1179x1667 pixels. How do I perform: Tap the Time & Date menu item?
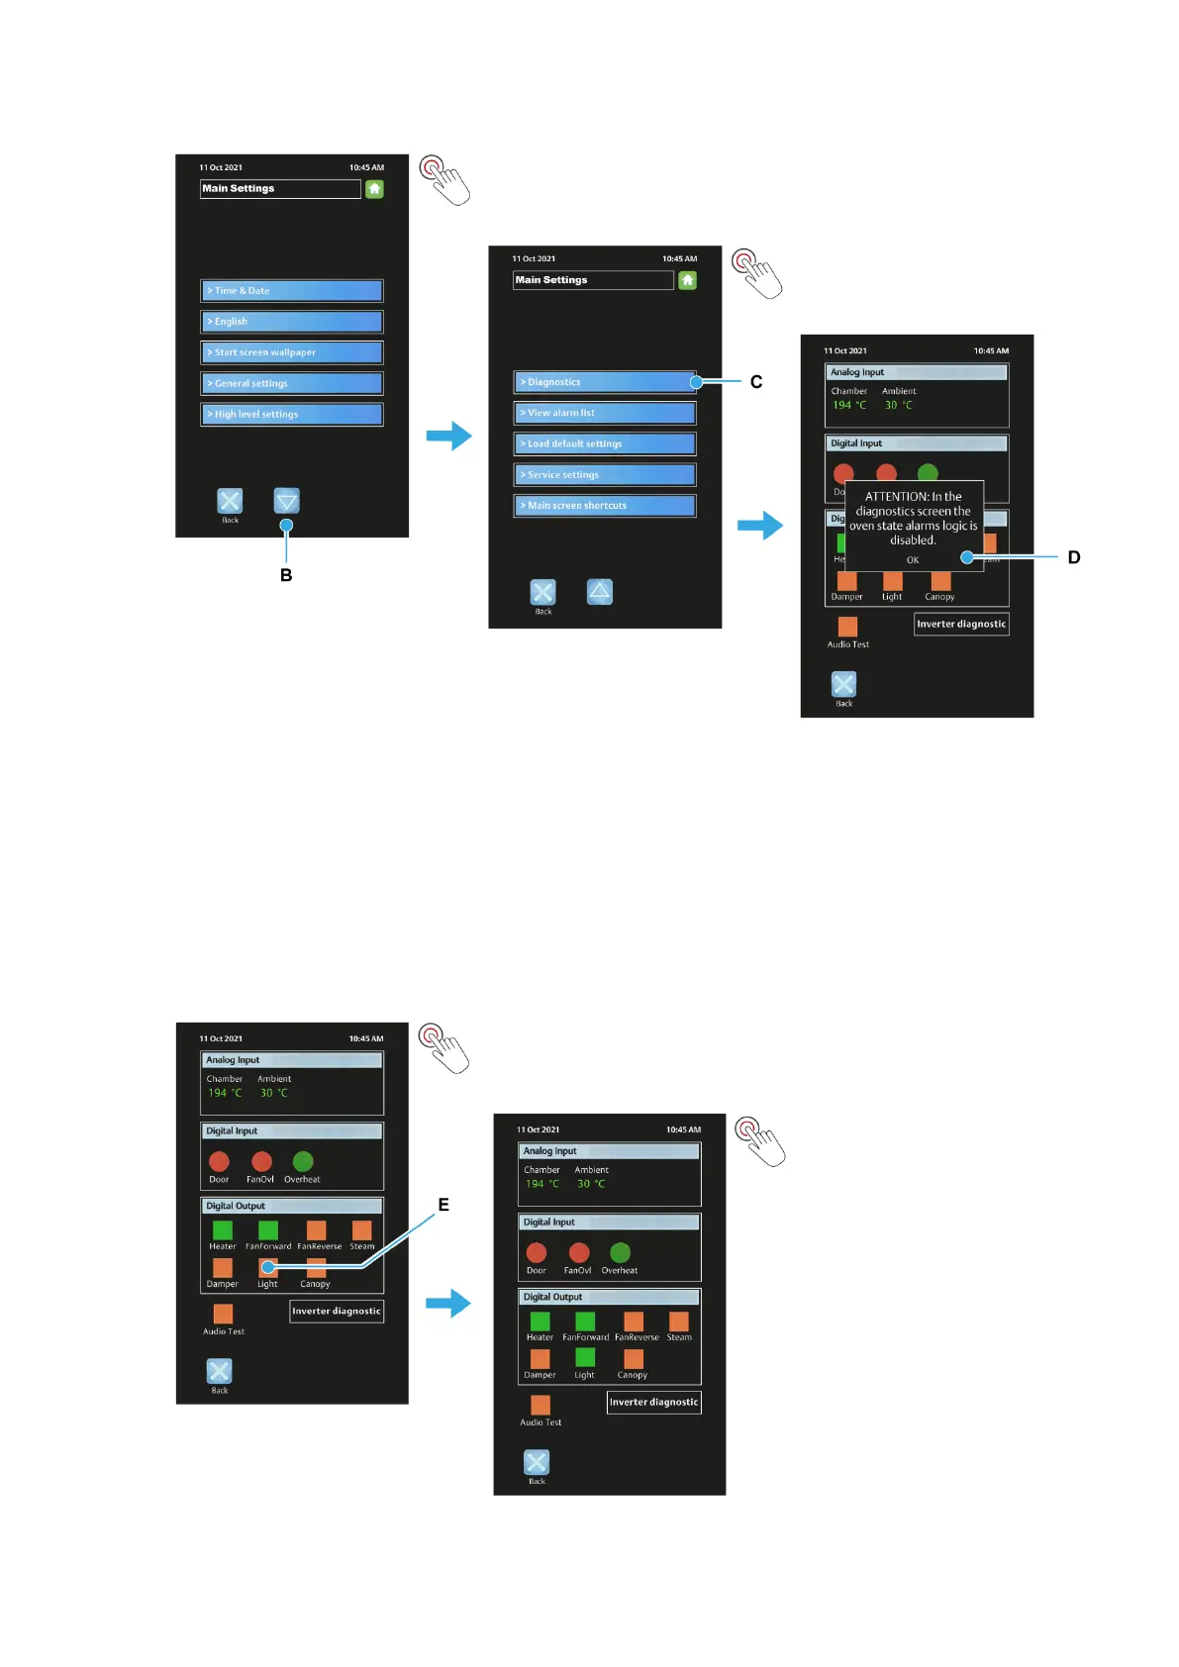pyautogui.click(x=291, y=290)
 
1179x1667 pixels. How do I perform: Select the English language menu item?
pyautogui.click(x=291, y=322)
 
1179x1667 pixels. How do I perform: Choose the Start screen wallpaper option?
pyautogui.click(x=291, y=352)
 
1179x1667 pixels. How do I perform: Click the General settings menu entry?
pyautogui.click(x=291, y=383)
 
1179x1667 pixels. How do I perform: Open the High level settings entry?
pyautogui.click(x=291, y=414)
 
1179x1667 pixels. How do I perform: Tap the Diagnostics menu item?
pyautogui.click(x=604, y=382)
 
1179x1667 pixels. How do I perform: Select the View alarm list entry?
pyautogui.click(x=604, y=413)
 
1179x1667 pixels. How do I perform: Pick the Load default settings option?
pyautogui.click(x=604, y=443)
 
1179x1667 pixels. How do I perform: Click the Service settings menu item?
pyautogui.click(x=604, y=474)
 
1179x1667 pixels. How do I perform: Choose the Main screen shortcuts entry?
pyautogui.click(x=604, y=506)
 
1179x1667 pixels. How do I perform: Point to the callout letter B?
pyautogui.click(x=286, y=575)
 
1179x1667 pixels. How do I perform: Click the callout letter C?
pyautogui.click(x=756, y=382)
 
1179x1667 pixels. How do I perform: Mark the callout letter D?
pyautogui.click(x=1074, y=557)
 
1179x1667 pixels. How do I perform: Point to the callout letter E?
pyautogui.click(x=443, y=1205)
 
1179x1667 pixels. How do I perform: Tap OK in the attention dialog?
pyautogui.click(x=913, y=560)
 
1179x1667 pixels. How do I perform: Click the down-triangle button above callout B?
pyautogui.click(x=287, y=501)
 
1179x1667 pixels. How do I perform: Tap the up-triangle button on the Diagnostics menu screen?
pyautogui.click(x=600, y=592)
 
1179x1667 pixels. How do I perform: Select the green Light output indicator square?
pyautogui.click(x=585, y=1357)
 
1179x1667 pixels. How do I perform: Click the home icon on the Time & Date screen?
pyautogui.click(x=374, y=189)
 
